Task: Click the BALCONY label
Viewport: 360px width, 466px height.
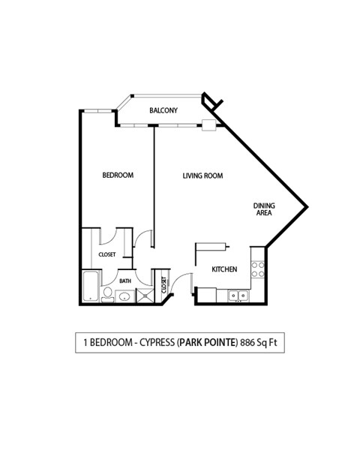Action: tap(163, 111)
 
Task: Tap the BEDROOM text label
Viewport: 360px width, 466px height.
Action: tap(118, 176)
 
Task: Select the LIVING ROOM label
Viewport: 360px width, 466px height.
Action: tap(204, 176)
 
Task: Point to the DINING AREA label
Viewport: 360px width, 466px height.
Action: tap(262, 209)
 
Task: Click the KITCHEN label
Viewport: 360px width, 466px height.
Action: tap(224, 269)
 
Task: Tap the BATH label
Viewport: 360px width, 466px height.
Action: tap(124, 281)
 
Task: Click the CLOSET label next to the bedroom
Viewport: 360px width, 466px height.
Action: tap(107, 255)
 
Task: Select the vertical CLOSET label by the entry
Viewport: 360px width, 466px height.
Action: tap(163, 286)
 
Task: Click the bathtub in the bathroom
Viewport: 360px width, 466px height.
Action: tap(89, 289)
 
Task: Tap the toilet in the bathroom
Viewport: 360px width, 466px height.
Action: tap(108, 293)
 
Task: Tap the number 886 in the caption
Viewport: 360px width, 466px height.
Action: tap(248, 343)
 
